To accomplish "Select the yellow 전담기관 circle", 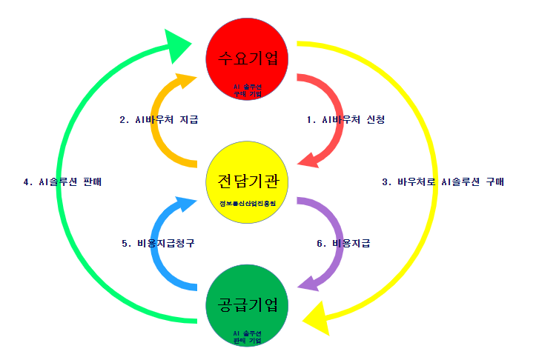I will pos(248,183).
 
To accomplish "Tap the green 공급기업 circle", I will pos(248,306).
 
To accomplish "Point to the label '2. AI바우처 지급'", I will pos(159,119).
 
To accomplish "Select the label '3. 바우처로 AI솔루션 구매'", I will pos(443,181).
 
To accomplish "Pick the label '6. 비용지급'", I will pos(343,243).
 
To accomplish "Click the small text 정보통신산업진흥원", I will pos(248,203).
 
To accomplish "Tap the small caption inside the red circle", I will pos(248,90).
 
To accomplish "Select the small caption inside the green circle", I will pos(248,338).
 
